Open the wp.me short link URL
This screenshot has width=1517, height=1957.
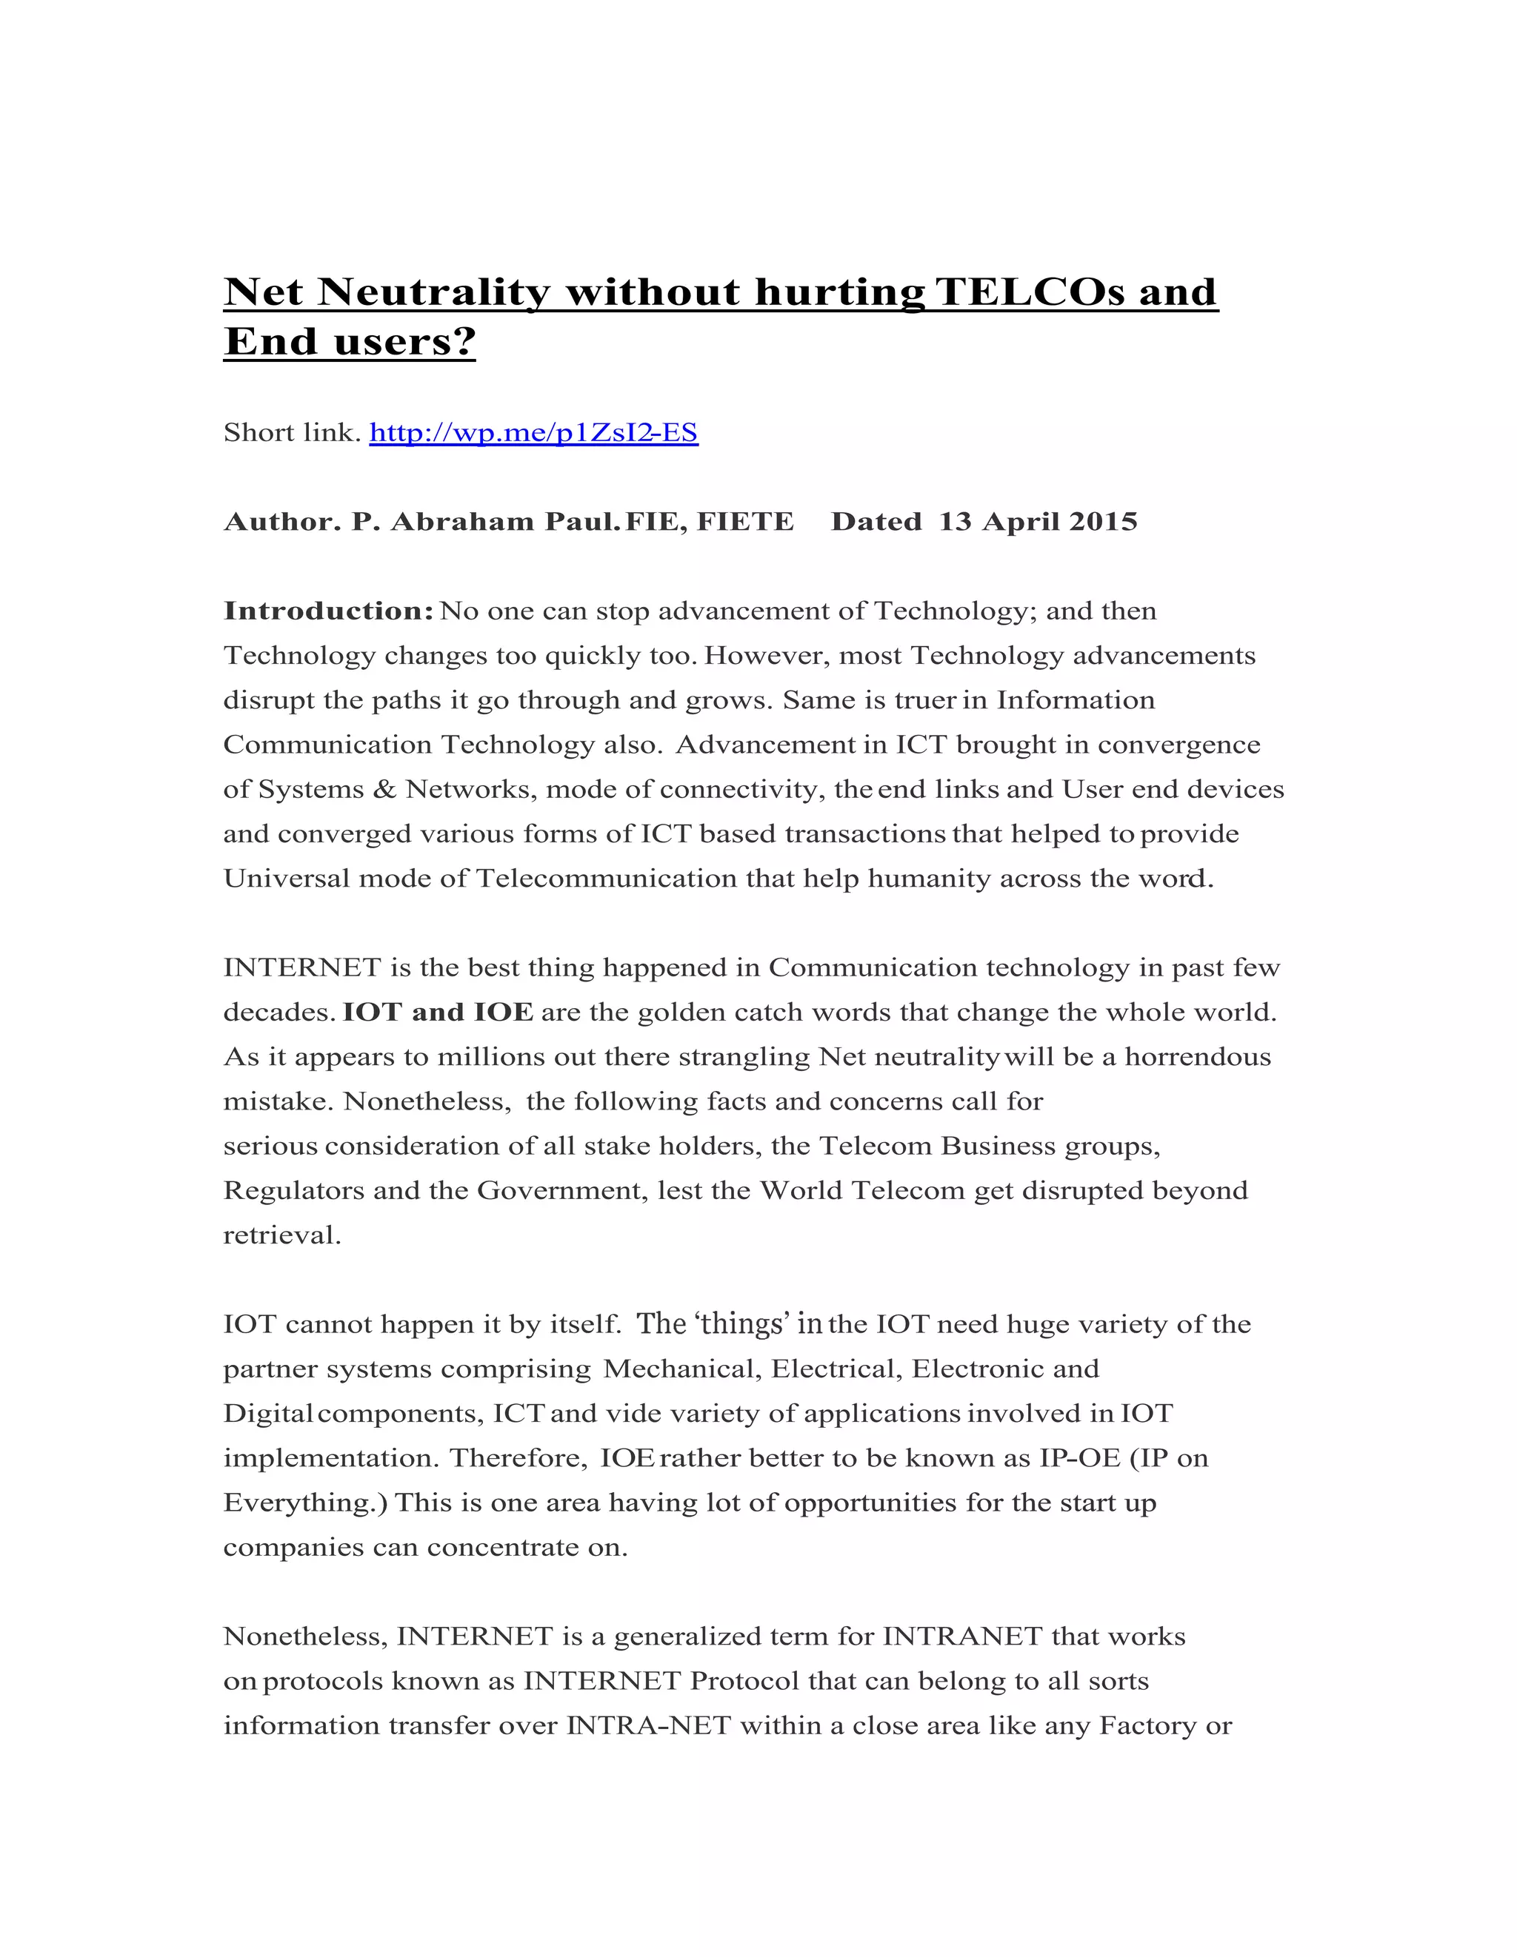tap(533, 433)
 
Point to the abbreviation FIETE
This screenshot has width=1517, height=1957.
tap(745, 522)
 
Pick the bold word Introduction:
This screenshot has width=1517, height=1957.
tap(328, 611)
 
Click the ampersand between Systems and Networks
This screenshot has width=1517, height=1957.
tap(384, 790)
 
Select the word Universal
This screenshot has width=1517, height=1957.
tap(286, 878)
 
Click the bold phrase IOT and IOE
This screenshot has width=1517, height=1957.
tap(438, 1013)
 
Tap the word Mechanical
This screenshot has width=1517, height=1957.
tap(681, 1369)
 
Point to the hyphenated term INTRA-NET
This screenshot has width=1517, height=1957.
tap(649, 1726)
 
